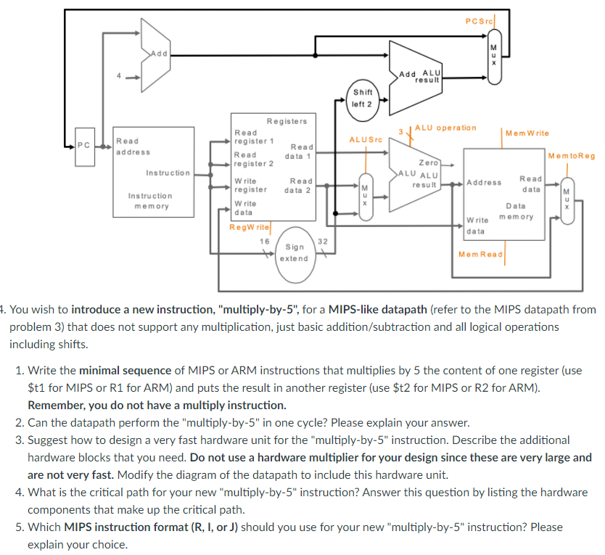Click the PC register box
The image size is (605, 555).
pos(84,146)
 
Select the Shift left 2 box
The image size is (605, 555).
pos(362,98)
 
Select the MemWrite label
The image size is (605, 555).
pos(527,133)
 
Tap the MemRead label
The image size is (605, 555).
pos(480,254)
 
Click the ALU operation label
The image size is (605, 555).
pos(445,128)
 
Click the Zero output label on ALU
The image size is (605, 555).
pos(428,163)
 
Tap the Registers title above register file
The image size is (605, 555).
pos(286,121)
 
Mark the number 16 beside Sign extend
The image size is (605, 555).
pos(264,241)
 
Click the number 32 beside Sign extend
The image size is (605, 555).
pos(323,241)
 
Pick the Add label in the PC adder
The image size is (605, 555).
pos(159,53)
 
